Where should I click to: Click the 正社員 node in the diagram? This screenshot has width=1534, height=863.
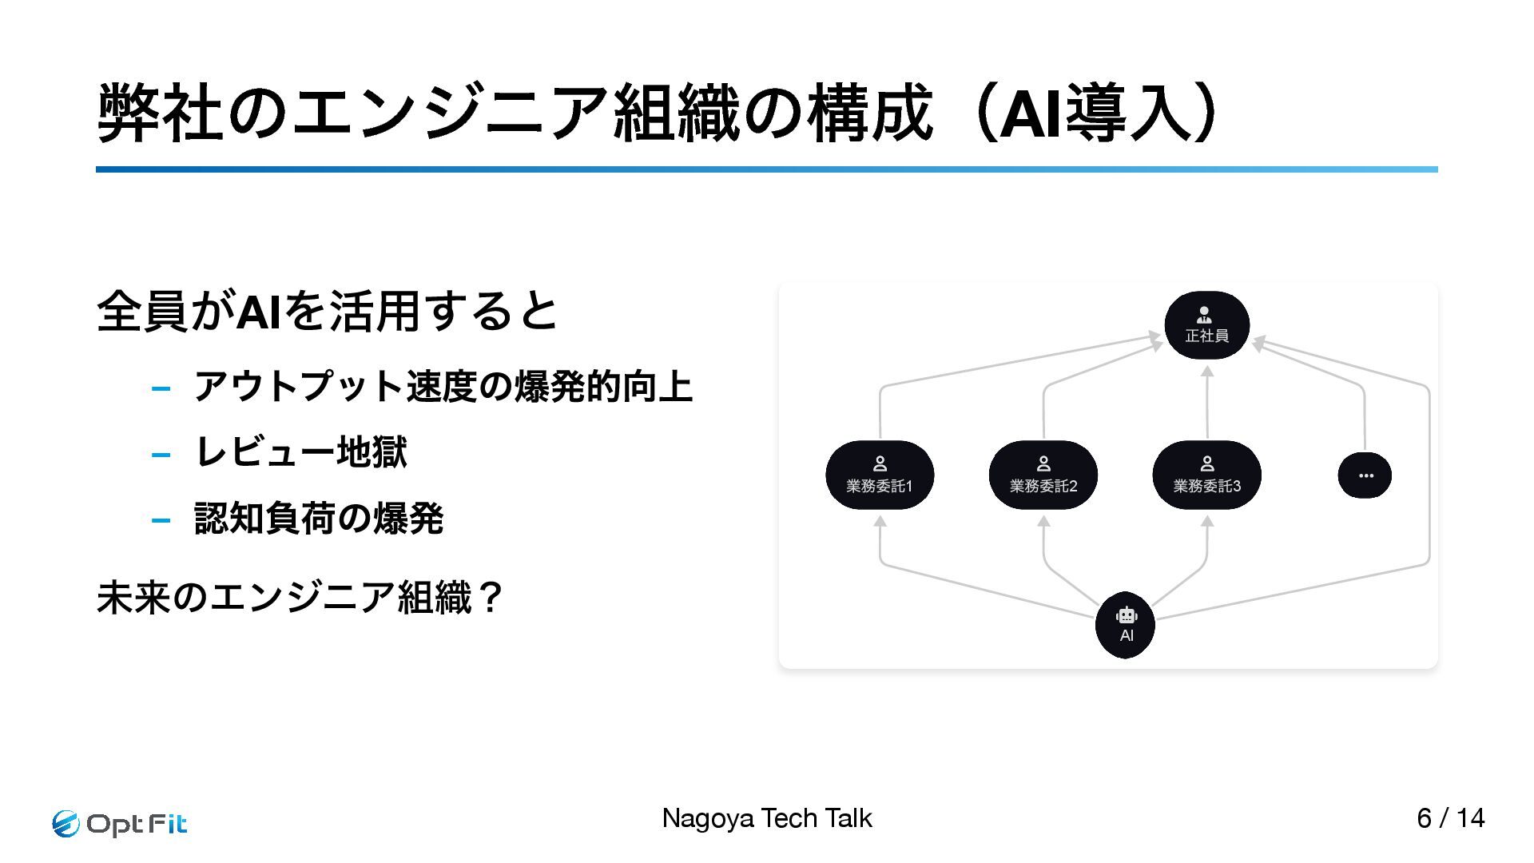tap(1206, 325)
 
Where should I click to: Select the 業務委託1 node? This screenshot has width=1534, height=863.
tap(880, 475)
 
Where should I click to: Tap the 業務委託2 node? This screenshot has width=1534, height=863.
tap(1043, 475)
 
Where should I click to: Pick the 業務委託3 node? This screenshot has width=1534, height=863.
tap(1206, 475)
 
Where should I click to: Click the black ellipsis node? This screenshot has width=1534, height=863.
tap(1365, 475)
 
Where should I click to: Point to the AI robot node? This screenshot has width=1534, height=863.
tap(1126, 625)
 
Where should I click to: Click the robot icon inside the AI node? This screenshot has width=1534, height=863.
tap(1127, 615)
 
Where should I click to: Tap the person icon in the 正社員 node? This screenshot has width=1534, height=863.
tap(1205, 316)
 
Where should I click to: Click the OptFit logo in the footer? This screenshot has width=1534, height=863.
tap(120, 823)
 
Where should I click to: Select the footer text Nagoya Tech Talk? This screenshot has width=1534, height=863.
tap(766, 818)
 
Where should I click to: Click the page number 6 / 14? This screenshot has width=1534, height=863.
tap(1450, 818)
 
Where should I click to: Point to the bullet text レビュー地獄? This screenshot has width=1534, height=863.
tap(300, 452)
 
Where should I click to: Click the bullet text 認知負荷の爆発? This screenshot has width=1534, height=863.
tap(318, 519)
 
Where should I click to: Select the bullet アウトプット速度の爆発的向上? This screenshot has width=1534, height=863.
tap(443, 387)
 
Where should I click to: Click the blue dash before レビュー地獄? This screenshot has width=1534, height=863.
tap(161, 455)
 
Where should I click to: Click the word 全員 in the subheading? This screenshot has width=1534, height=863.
tap(141, 312)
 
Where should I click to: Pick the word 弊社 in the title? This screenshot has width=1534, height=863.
tap(159, 114)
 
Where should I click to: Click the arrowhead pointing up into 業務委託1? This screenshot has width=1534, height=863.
tap(880, 522)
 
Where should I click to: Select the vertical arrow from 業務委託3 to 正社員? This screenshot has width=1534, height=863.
tap(1207, 404)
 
